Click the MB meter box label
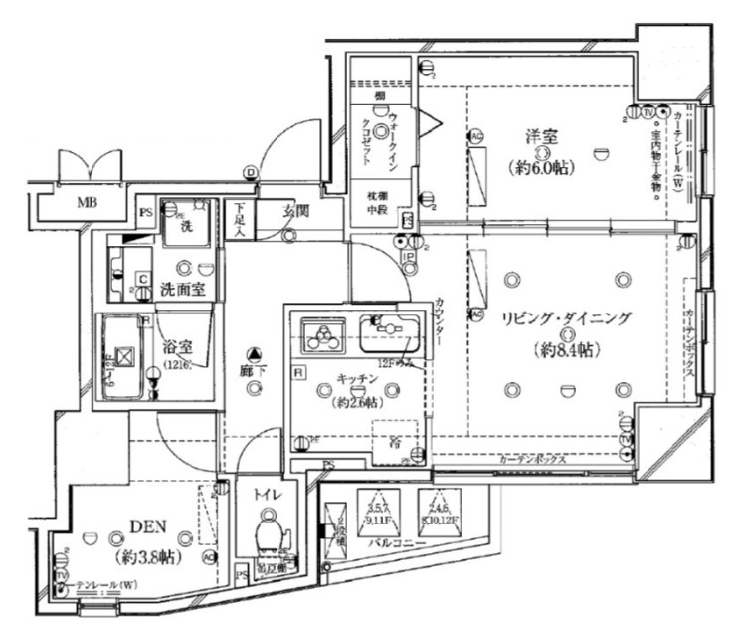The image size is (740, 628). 87,205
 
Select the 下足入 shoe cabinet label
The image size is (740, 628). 239,219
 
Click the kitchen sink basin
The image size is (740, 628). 389,334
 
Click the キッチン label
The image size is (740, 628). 355,380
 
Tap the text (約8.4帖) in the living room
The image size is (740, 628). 565,350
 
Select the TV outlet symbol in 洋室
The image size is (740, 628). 647,111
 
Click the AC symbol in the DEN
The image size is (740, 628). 210,558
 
